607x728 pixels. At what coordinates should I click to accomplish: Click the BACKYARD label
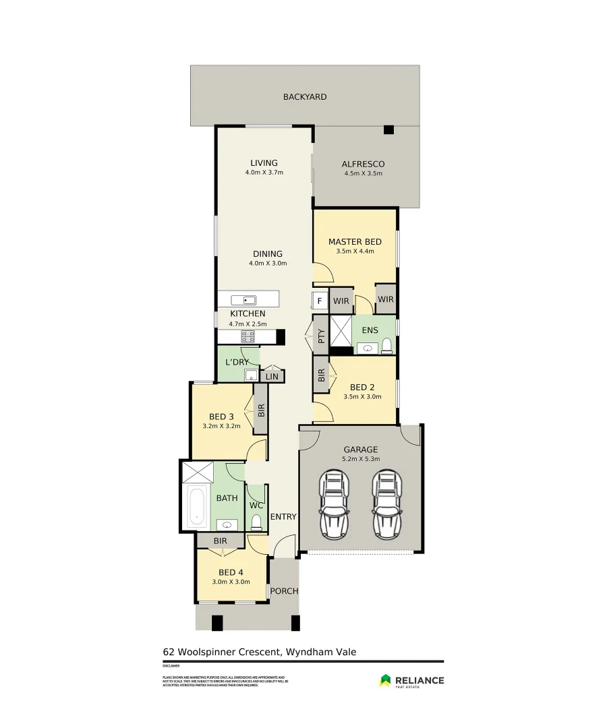click(304, 97)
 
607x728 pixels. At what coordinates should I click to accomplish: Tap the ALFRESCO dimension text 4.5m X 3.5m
click(363, 173)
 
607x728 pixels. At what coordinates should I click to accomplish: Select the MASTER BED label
click(355, 242)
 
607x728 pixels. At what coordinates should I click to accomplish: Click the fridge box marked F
click(320, 301)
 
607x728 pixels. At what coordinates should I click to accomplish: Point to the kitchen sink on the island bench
click(243, 300)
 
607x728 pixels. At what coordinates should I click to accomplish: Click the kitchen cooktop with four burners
click(248, 336)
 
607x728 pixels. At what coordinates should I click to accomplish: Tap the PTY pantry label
click(321, 335)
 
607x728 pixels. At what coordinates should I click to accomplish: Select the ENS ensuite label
click(370, 330)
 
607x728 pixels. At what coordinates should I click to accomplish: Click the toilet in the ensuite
click(387, 346)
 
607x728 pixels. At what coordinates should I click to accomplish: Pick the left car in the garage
click(333, 504)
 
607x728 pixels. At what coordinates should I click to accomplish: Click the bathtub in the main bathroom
click(197, 506)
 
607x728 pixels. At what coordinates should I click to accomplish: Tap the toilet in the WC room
click(256, 522)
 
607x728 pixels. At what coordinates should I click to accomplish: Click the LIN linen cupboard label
click(272, 377)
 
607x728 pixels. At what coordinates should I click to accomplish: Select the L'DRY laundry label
click(237, 362)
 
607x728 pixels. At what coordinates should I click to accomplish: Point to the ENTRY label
click(283, 517)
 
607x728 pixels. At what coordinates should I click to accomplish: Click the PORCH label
click(284, 591)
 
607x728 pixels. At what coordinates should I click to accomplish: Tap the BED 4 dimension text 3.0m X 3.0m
click(231, 582)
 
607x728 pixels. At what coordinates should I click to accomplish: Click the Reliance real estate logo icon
click(385, 681)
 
